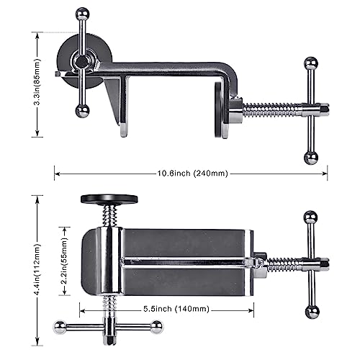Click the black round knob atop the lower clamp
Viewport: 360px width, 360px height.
click(x=109, y=199)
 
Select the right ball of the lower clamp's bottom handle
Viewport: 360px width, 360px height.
click(x=156, y=327)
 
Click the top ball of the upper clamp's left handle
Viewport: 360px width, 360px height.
click(x=83, y=13)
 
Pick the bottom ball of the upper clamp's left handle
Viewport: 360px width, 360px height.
click(x=83, y=110)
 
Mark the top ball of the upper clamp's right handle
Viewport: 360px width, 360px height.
click(x=310, y=65)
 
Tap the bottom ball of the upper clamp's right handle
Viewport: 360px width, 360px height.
click(x=310, y=157)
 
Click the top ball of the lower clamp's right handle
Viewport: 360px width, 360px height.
click(x=310, y=217)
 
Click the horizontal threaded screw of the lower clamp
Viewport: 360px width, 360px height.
click(x=284, y=264)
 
